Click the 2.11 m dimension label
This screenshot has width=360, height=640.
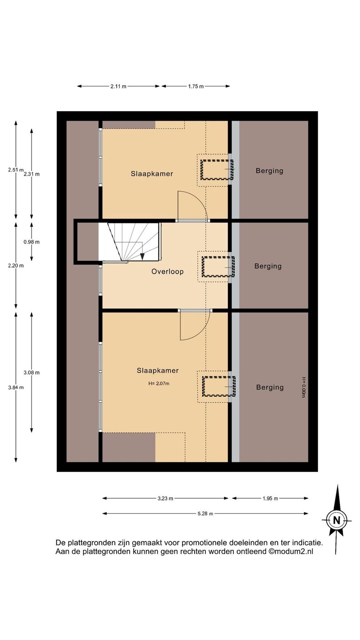point(118,86)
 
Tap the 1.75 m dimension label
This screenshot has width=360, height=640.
point(196,86)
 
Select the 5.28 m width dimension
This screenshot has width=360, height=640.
point(205,513)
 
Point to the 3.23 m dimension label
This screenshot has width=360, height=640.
point(165,499)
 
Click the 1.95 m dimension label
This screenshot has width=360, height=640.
point(270,499)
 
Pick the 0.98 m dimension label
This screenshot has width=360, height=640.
point(32,242)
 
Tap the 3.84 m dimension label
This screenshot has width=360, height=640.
point(16,388)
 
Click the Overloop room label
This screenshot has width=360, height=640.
point(168,272)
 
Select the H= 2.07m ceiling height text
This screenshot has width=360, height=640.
point(159,384)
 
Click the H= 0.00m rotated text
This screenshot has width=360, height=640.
point(304,388)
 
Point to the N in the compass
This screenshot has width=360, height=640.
point(337,520)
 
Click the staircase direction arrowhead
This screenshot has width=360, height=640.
point(142,256)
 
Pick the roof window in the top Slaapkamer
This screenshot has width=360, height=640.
point(217,170)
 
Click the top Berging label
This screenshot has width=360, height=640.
point(269,171)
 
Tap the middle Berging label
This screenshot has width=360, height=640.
point(268,266)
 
